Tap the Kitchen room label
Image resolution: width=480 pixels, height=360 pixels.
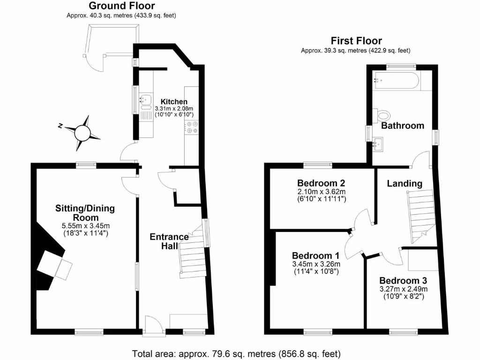(174, 102)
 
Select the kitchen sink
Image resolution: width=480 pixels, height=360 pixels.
(145, 100)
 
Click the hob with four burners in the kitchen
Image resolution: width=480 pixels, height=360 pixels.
(192, 127)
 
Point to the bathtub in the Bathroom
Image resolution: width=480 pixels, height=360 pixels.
(396, 81)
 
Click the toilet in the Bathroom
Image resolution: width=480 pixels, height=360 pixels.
(382, 115)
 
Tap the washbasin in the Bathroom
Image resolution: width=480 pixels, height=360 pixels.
(379, 144)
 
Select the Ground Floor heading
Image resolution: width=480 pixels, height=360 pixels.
(121, 6)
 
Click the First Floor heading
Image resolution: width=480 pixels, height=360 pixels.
(356, 41)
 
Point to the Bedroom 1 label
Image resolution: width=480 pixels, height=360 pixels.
(315, 255)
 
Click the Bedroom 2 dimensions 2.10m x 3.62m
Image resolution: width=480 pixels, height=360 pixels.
(321, 192)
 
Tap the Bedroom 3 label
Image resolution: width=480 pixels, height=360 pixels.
(403, 280)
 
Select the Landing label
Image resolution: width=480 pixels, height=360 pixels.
(404, 184)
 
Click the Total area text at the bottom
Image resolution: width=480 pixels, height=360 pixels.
(236, 353)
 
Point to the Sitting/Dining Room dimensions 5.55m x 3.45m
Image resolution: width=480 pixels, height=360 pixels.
(85, 226)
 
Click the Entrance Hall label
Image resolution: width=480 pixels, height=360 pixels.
(169, 241)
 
